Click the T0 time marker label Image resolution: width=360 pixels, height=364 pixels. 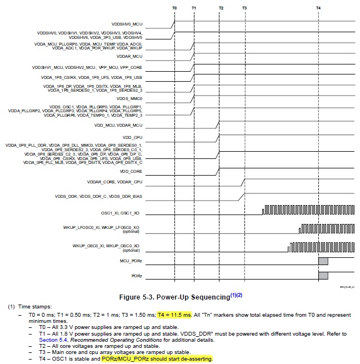point(174,8)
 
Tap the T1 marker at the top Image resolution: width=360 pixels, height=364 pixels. point(193,8)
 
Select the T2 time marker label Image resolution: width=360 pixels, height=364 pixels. point(221,8)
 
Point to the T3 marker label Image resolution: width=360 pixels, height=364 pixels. point(244,8)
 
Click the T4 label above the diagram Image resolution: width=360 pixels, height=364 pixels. point(318,8)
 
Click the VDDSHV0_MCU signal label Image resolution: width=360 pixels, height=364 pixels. point(127,25)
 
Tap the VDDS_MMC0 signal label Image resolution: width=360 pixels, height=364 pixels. point(129,97)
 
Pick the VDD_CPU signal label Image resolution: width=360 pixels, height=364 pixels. point(133,136)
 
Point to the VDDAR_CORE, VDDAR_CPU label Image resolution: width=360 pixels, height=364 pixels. point(115,182)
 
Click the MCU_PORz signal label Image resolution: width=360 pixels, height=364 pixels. point(131,260)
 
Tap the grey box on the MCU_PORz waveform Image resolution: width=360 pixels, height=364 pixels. point(323,261)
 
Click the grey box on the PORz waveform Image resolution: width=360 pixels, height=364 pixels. point(323,275)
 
